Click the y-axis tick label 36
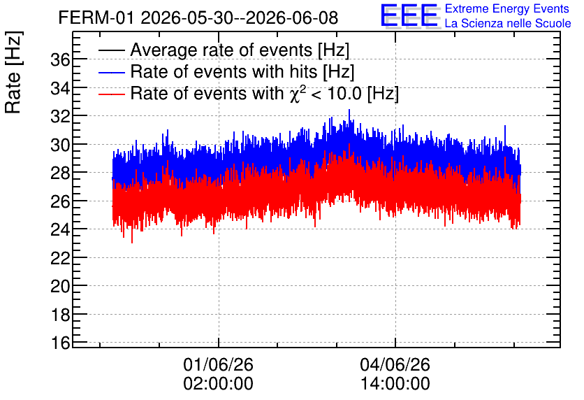click(x=60, y=59)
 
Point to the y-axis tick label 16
click(x=60, y=343)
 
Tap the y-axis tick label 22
click(x=60, y=257)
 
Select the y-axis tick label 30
click(x=60, y=145)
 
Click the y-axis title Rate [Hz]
click(x=13, y=72)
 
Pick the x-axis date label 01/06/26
click(x=218, y=364)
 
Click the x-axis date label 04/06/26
click(x=395, y=364)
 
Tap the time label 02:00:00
click(x=218, y=384)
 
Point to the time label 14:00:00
click(x=395, y=384)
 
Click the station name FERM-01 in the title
click(x=96, y=17)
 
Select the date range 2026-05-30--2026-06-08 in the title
click(x=240, y=17)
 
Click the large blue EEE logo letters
click(x=409, y=15)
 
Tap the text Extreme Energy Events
click(x=507, y=8)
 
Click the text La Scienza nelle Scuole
click(x=508, y=23)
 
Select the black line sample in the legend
click(x=111, y=50)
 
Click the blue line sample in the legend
click(x=111, y=72)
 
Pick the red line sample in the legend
click(x=111, y=94)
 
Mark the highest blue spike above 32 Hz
click(x=349, y=110)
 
